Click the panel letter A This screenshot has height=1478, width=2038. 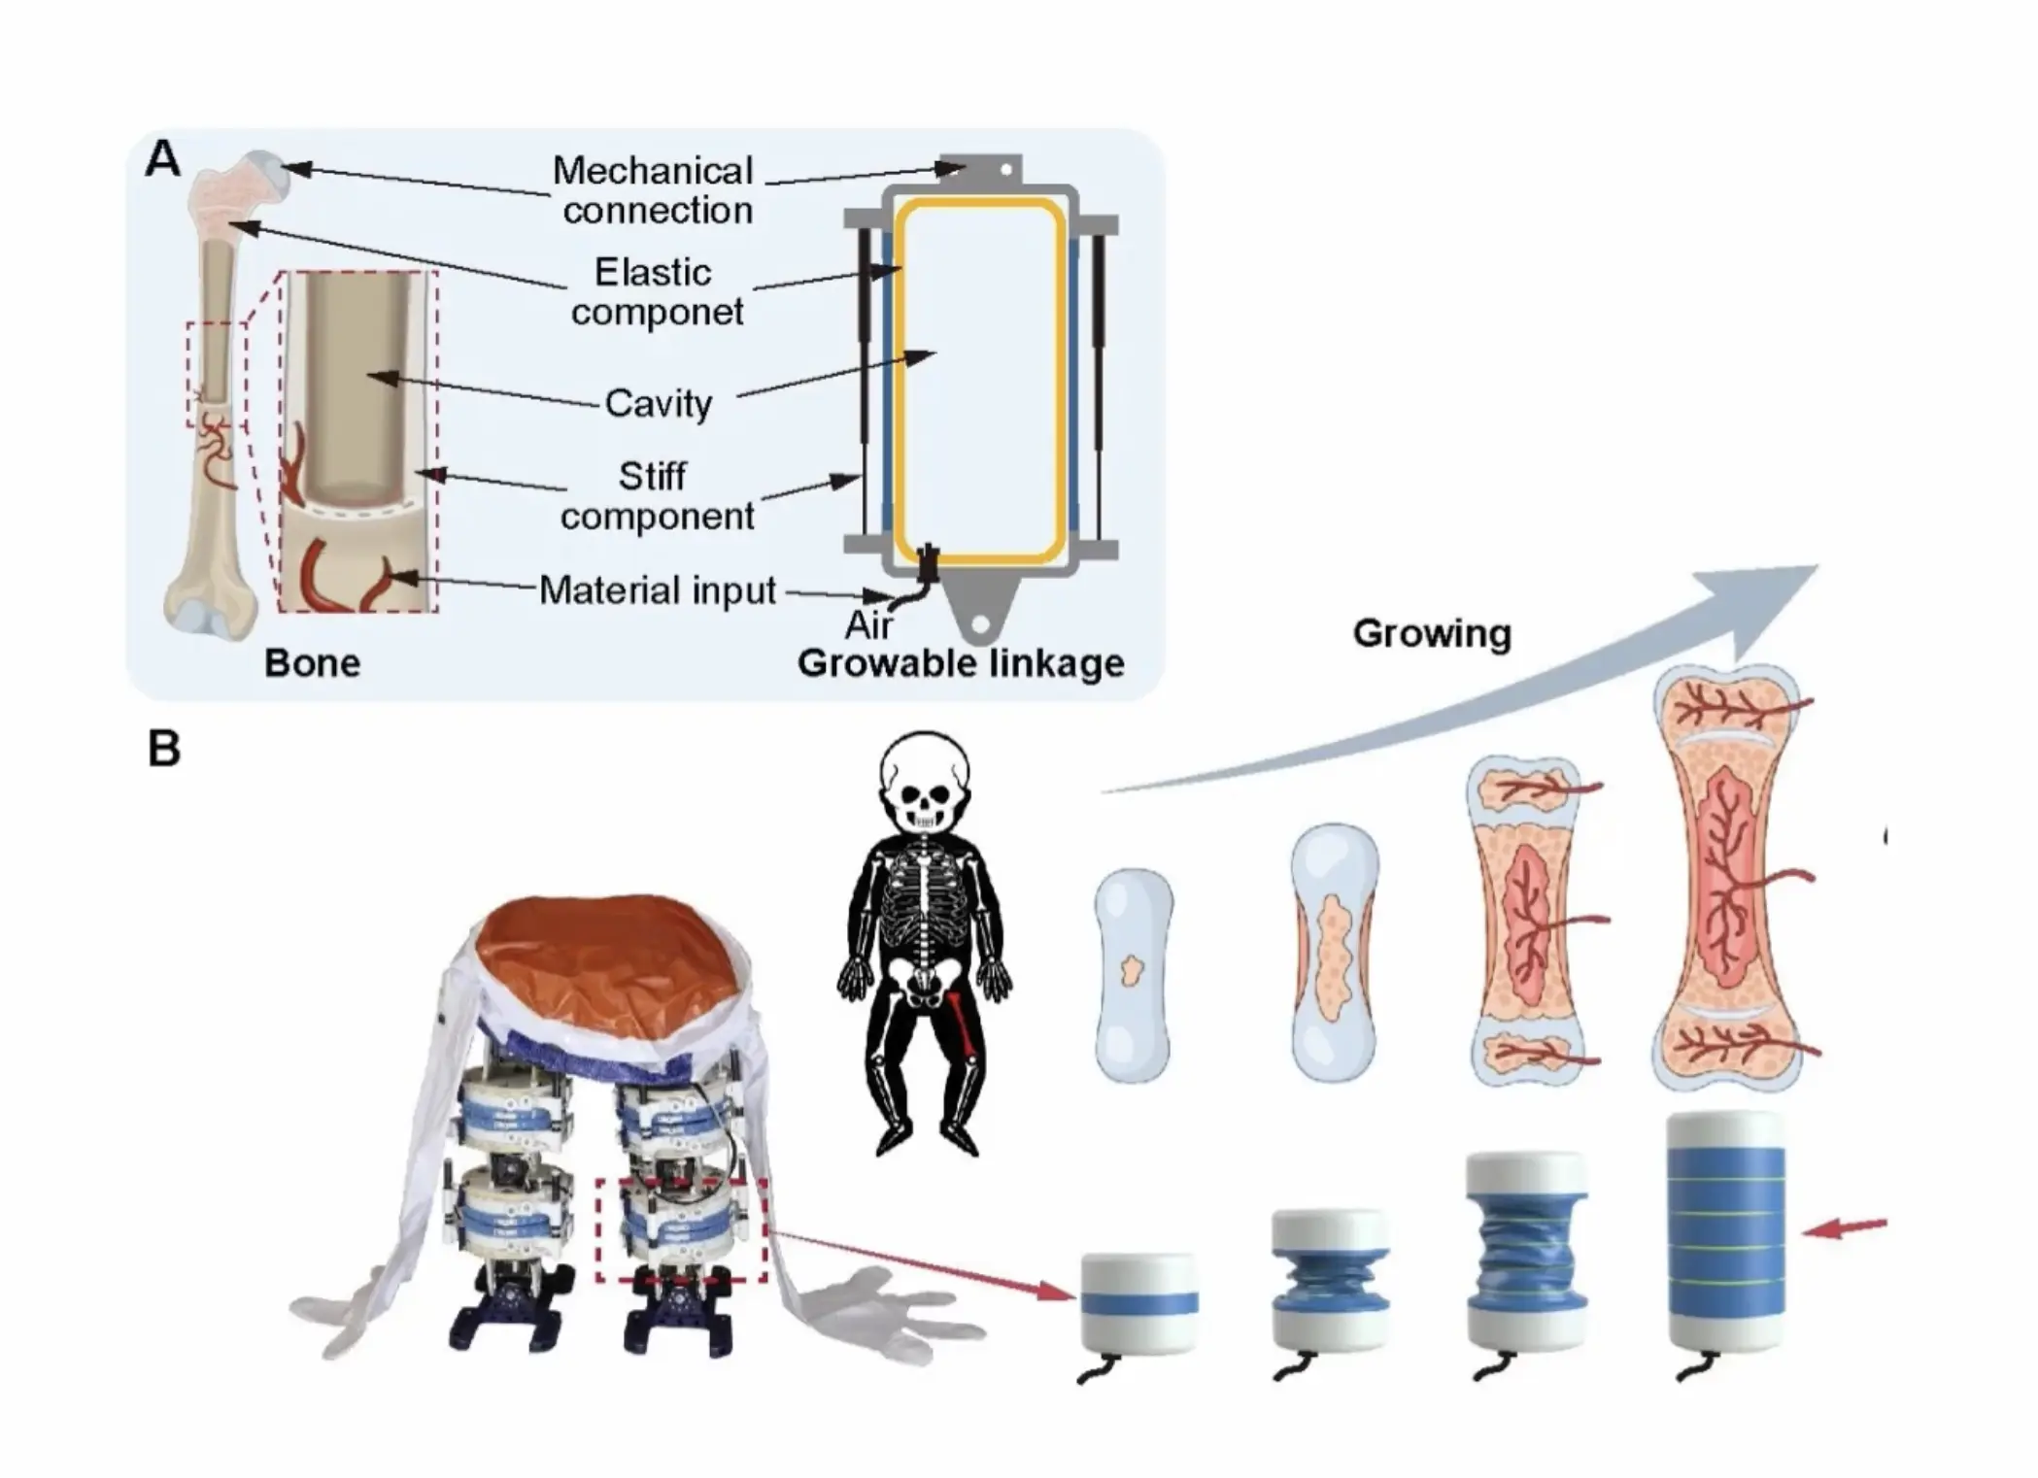(163, 159)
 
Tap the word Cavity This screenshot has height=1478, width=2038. (658, 403)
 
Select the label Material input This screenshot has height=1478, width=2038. (657, 590)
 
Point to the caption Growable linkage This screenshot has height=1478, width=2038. (960, 663)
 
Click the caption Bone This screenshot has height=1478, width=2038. (312, 663)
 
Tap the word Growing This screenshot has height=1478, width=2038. (1431, 633)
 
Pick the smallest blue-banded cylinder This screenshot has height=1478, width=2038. (1138, 1301)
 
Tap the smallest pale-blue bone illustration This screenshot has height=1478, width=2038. (1133, 975)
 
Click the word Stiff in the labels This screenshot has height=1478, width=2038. (652, 476)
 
